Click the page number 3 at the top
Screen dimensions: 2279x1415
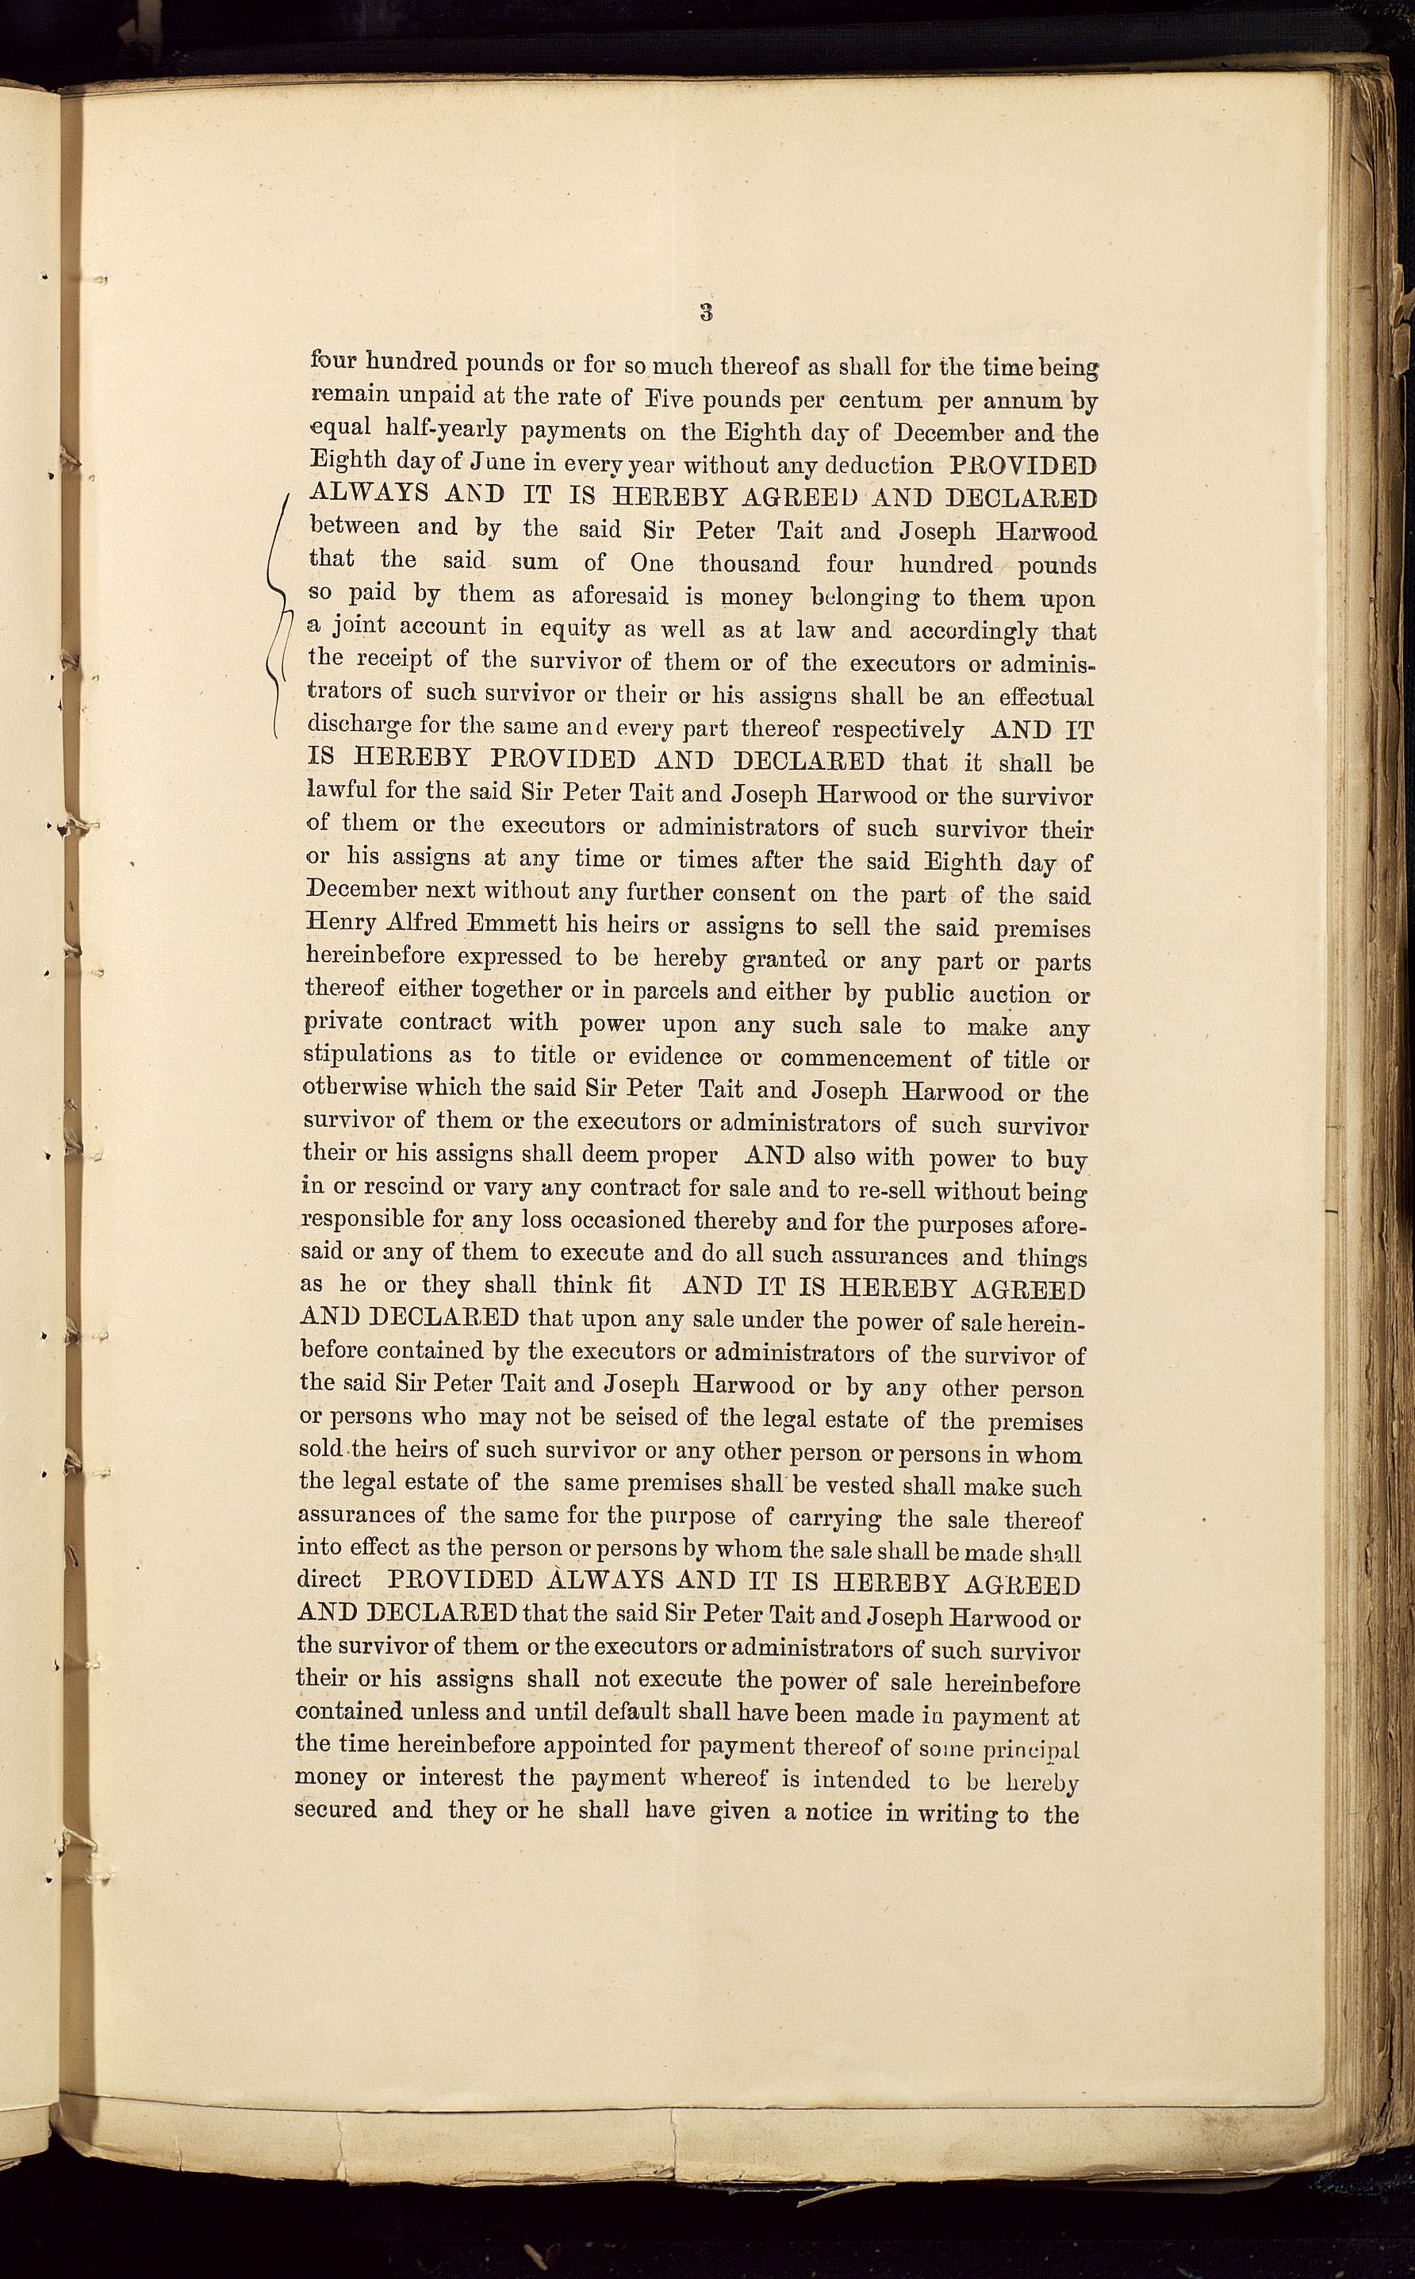coord(707,313)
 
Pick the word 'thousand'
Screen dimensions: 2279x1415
coord(749,563)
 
